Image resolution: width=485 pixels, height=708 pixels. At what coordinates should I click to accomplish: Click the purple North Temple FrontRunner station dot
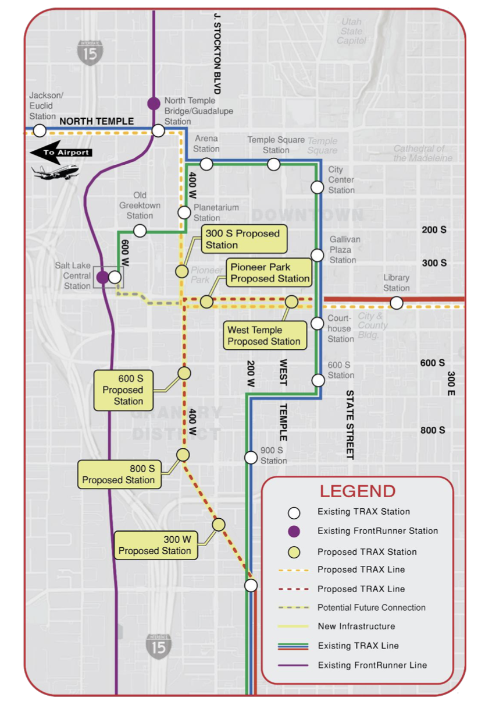coord(153,103)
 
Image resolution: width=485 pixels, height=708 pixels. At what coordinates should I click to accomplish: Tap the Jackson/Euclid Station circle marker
coord(40,130)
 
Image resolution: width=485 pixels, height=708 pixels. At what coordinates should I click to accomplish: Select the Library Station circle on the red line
coord(396,303)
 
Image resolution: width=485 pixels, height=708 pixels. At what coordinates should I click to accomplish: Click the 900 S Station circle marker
coord(251,458)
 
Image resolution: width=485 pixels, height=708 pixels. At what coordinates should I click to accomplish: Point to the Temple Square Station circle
coord(273,164)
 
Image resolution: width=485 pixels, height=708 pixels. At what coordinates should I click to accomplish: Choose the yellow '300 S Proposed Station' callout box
coord(244,239)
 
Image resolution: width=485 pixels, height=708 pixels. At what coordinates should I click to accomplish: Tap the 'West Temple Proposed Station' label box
coord(264,336)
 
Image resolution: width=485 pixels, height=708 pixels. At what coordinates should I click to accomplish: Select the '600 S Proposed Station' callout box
coord(123,390)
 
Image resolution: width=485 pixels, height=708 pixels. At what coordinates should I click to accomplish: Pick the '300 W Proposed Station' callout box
coord(154,545)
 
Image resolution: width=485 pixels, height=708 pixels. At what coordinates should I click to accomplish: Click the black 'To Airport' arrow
coord(60,153)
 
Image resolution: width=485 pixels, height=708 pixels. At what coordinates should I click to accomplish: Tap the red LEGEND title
coord(358,491)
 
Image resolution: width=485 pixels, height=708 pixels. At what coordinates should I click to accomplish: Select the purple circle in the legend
coord(294,531)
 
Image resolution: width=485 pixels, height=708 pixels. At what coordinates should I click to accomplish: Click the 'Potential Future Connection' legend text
coord(371,607)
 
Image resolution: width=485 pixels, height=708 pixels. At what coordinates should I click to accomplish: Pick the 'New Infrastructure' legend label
coord(356,626)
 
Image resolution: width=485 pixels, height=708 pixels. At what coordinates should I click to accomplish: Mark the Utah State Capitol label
coord(351,31)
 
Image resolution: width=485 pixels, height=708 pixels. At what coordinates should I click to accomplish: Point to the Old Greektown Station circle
coord(140,231)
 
